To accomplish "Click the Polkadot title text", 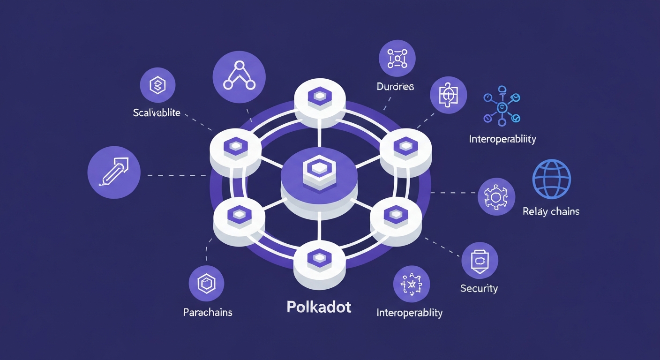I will pyautogui.click(x=319, y=307).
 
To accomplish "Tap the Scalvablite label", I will pyautogui.click(x=157, y=113).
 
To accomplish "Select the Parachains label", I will pyautogui.click(x=208, y=312).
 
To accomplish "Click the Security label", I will pyautogui.click(x=479, y=288).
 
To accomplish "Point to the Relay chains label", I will pyautogui.click(x=551, y=211).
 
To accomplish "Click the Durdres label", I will pyautogui.click(x=395, y=87).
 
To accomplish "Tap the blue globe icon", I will pyautogui.click(x=552, y=179).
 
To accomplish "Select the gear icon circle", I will pyautogui.click(x=496, y=196).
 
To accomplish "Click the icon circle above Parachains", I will pyautogui.click(x=206, y=284).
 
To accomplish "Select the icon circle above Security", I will pyautogui.click(x=480, y=261).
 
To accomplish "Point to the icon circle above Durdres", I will pyautogui.click(x=397, y=58).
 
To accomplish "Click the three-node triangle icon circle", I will pyautogui.click(x=239, y=77).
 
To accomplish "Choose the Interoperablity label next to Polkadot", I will pyautogui.click(x=409, y=312).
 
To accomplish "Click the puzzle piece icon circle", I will pyautogui.click(x=448, y=95).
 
